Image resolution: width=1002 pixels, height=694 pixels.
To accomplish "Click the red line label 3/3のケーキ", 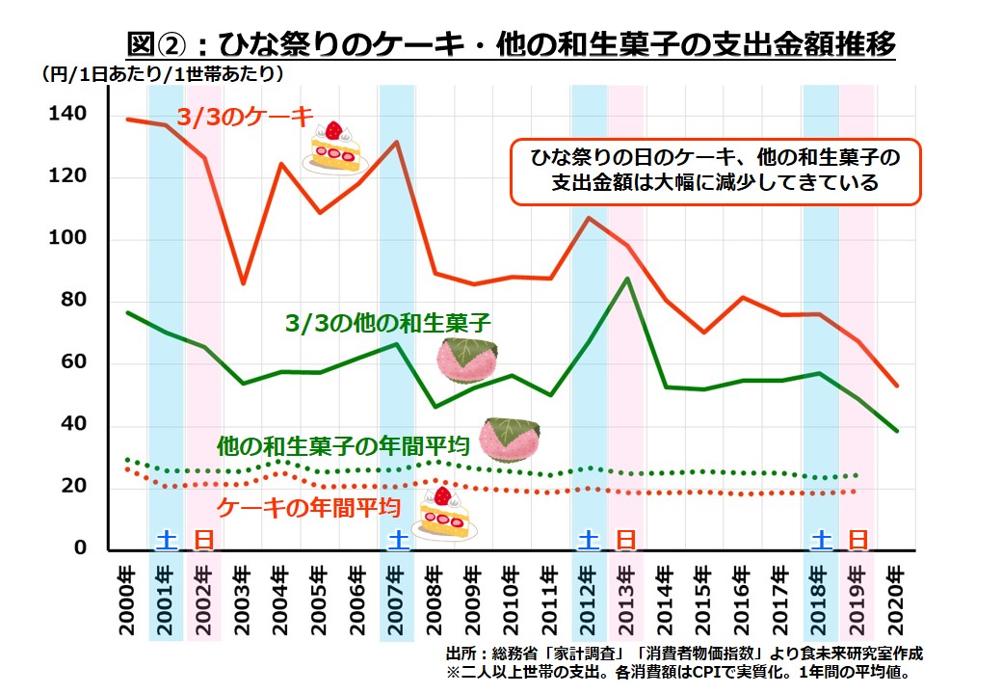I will (x=245, y=118).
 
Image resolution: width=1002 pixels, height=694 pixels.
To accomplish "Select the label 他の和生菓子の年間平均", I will (x=343, y=446).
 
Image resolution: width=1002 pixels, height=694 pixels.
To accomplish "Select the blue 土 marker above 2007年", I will (x=396, y=540).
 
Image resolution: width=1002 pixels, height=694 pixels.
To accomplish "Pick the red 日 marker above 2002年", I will (x=203, y=540).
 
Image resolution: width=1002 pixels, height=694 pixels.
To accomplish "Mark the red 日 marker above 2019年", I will (x=857, y=540).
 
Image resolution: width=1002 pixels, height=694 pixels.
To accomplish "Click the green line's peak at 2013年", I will (x=627, y=279).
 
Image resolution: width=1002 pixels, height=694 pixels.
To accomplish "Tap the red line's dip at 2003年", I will (x=243, y=283).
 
